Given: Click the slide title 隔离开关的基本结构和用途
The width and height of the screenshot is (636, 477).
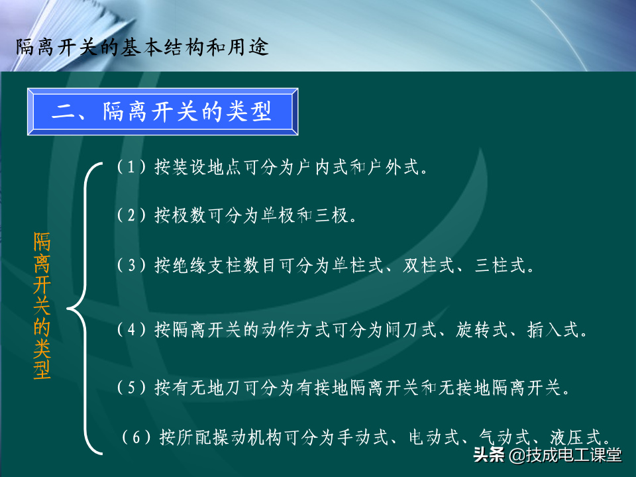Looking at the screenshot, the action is [142, 48].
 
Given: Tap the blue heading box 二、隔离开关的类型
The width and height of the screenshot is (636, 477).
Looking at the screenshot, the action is [163, 111].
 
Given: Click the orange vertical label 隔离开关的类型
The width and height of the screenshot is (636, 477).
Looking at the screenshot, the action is [42, 305].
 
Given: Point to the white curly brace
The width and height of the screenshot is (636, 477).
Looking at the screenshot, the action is [84, 308].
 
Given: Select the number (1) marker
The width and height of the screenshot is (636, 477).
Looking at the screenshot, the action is [131, 167].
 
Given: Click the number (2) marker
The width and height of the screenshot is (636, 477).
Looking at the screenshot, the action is [131, 215].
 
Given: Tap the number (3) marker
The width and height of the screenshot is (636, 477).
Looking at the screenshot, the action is [131, 265].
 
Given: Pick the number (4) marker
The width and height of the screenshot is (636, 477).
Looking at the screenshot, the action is [131, 329].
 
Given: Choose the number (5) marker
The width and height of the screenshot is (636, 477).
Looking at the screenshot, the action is [131, 388].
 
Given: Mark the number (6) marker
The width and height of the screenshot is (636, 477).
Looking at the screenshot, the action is [136, 437].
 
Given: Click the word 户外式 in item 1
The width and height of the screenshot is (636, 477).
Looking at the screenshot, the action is [393, 167].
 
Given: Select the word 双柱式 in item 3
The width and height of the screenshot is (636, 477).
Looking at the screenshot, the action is [429, 265].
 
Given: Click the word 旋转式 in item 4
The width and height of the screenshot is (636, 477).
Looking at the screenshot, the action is [482, 330].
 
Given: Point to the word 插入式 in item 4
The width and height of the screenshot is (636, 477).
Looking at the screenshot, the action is [553, 330].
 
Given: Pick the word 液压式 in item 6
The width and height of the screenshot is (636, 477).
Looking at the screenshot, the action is [576, 437].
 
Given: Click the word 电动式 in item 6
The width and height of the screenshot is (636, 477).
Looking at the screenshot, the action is [433, 437].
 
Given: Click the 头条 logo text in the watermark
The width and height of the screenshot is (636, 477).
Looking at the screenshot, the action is [489, 454].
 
